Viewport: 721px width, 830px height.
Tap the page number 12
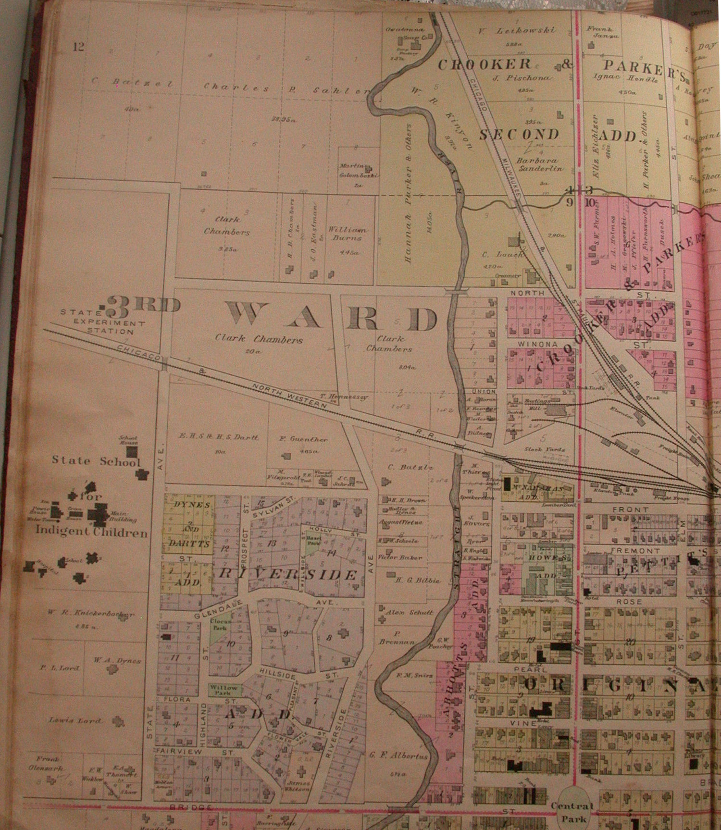79,47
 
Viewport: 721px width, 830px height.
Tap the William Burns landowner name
347,234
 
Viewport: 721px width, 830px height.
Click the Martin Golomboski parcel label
359,171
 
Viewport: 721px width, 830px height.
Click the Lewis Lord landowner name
75,720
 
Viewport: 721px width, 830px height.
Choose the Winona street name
531,345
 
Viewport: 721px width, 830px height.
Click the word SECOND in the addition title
519,134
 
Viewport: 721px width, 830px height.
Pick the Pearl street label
534,669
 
